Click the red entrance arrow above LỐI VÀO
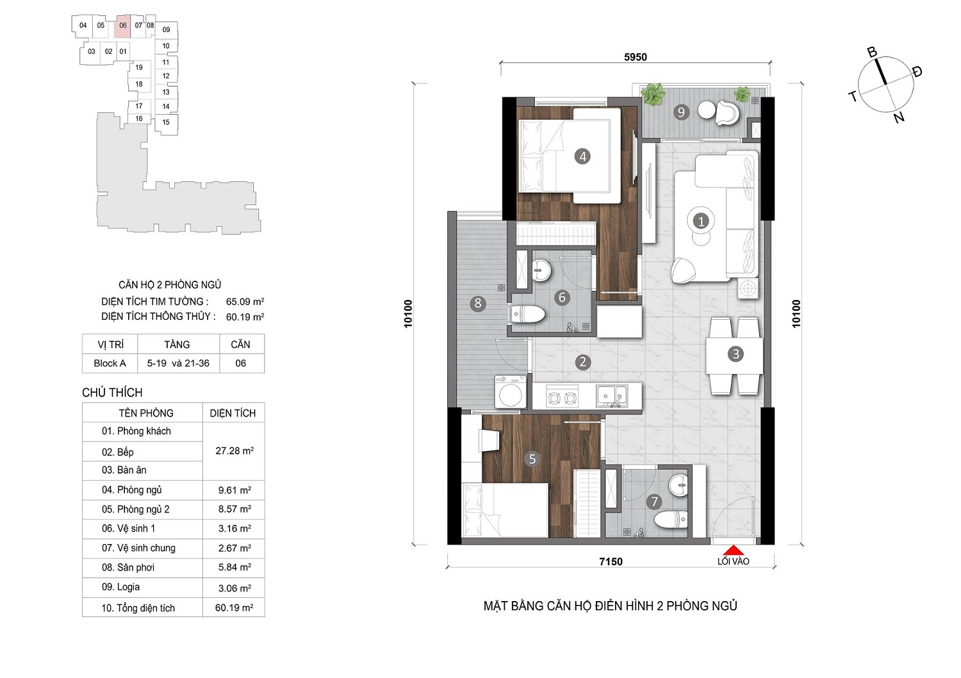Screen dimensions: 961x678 [733, 550]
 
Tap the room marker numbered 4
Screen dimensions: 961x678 [582, 156]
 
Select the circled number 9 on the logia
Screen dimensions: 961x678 [681, 112]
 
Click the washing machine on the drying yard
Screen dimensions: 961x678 [510, 392]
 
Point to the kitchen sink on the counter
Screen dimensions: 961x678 [611, 396]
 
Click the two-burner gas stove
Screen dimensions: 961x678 [563, 397]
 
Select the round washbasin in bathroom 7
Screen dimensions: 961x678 [678, 485]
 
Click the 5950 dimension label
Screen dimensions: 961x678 [636, 57]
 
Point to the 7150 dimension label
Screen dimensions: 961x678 [611, 562]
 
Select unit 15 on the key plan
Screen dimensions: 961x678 [165, 122]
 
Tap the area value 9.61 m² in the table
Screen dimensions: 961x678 [234, 490]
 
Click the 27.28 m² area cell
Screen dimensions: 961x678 [234, 451]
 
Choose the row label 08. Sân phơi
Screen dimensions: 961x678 [128, 568]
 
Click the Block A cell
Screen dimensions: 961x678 [110, 363]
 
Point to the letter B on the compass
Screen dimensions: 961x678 [872, 53]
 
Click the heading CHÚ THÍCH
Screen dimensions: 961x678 [112, 393]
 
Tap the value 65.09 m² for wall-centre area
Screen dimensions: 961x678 [245, 302]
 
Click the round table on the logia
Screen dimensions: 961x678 [706, 110]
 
